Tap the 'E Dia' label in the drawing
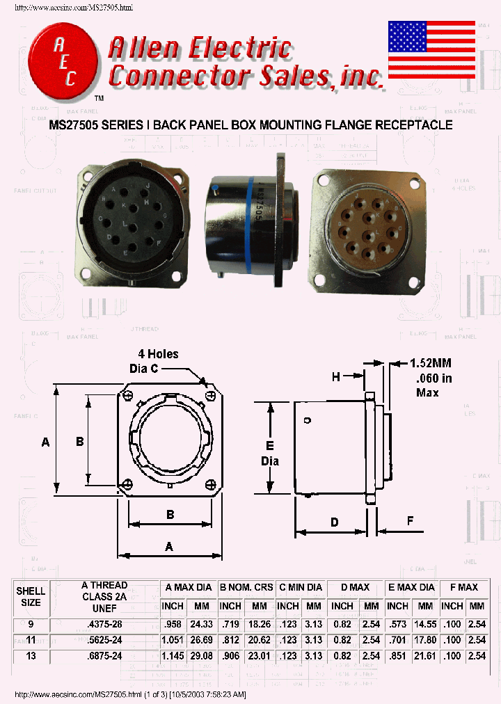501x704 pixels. coord(270,453)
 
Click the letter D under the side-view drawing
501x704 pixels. coord(334,522)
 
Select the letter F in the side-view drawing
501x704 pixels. coord(411,520)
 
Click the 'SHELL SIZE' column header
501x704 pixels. coord(31,596)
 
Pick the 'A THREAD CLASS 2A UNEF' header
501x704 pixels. coord(104,596)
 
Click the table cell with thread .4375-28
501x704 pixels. coord(104,624)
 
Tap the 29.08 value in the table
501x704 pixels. coord(202,655)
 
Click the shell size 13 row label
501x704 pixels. coord(31,655)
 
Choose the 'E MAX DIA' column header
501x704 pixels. coord(411,587)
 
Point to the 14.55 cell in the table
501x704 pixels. coord(425,624)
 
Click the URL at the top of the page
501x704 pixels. coord(73,7)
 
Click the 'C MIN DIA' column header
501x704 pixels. coord(300,587)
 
